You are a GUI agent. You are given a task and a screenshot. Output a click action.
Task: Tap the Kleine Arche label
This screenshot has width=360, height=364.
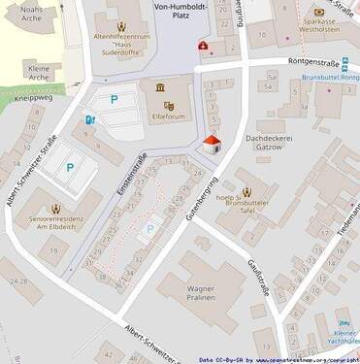(x=38, y=75)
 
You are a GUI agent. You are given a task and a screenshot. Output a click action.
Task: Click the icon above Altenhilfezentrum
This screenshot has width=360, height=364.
(x=120, y=26)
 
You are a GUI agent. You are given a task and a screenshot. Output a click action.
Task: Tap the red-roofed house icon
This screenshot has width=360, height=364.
(x=212, y=145)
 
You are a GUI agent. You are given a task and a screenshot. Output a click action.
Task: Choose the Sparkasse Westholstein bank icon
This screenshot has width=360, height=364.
(x=318, y=13)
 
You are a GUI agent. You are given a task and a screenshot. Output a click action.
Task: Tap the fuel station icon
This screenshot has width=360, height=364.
(x=90, y=119)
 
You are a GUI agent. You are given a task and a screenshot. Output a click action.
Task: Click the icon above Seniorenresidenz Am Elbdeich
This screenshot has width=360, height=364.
(x=56, y=207)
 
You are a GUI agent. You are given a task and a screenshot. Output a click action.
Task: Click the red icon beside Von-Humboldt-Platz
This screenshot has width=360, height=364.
(x=202, y=45)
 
